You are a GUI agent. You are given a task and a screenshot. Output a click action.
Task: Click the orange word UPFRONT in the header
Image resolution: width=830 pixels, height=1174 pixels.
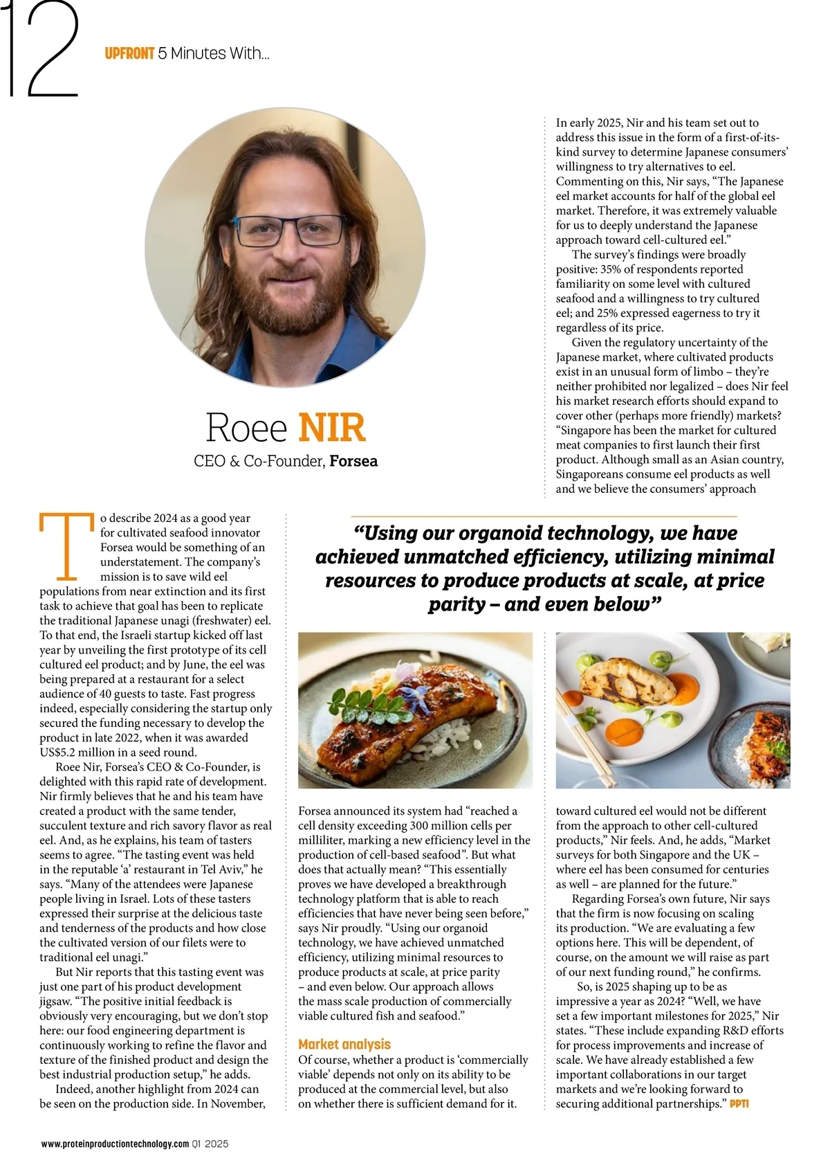click(129, 53)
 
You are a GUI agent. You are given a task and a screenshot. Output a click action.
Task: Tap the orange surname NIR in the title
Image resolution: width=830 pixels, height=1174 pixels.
click(332, 428)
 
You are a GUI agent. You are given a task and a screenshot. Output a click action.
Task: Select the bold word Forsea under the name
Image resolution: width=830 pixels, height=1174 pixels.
click(353, 461)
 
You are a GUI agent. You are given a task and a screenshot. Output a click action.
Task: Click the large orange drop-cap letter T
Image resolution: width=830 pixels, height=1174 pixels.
click(66, 545)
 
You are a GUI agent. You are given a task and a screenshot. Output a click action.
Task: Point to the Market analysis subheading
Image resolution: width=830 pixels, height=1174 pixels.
click(344, 1045)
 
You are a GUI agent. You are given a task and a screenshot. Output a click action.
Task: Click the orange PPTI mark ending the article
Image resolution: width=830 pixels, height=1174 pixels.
click(739, 1103)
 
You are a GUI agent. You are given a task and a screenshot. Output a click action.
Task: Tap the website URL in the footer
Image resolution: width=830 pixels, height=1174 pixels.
click(115, 1144)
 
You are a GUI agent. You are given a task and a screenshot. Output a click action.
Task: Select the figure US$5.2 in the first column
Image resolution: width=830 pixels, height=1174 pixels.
click(63, 752)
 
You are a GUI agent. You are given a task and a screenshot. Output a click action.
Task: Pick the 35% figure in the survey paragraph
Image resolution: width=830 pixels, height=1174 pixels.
click(607, 269)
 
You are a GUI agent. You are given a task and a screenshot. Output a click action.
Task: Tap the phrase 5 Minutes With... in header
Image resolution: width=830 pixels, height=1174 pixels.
click(214, 53)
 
